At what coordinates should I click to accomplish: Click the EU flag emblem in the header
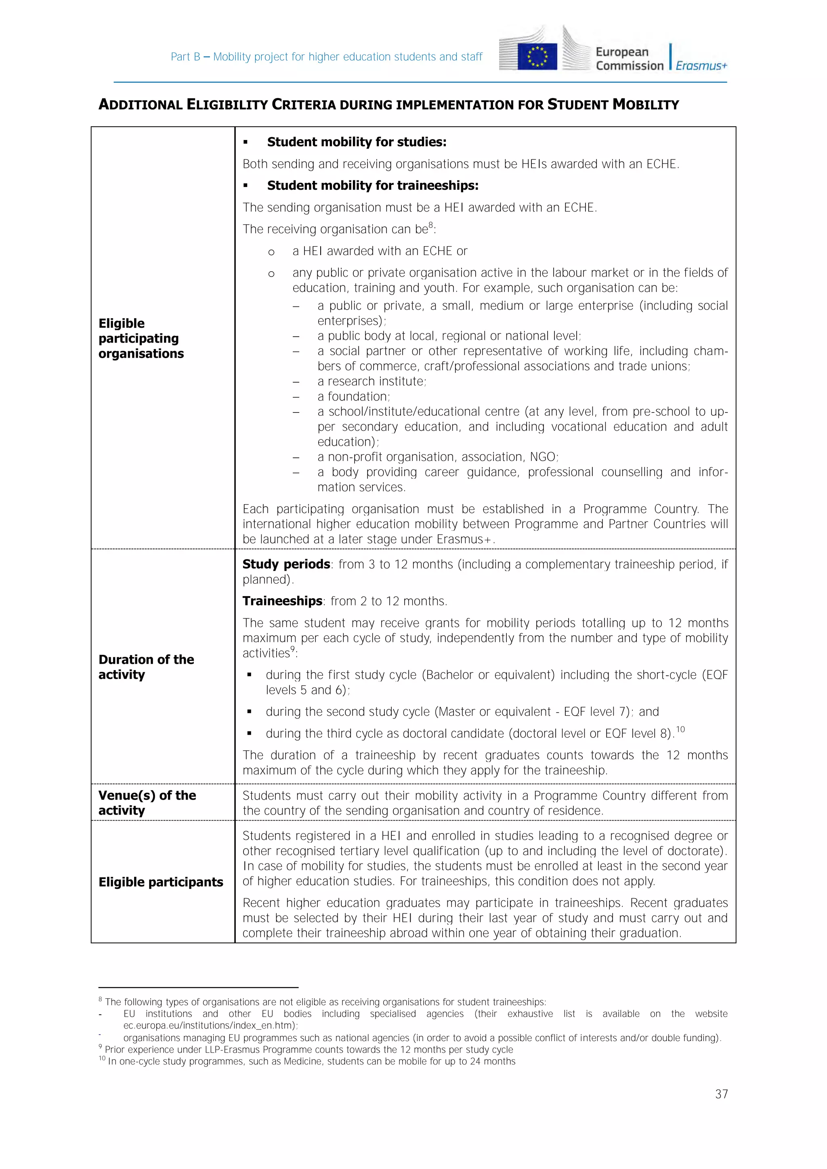[537, 57]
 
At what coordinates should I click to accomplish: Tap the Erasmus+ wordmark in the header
[701, 66]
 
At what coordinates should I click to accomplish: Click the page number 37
[721, 1094]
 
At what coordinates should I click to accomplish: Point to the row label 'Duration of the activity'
[146, 667]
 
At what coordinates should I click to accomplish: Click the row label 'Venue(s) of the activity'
[147, 803]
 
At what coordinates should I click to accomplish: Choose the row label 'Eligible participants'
[160, 882]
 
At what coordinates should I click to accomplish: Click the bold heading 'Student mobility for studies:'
[357, 142]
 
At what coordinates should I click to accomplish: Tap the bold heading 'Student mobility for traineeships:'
[372, 186]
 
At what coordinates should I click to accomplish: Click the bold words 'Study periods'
[286, 564]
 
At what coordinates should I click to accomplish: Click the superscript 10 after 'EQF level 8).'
[680, 729]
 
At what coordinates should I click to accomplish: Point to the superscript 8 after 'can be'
[431, 225]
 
